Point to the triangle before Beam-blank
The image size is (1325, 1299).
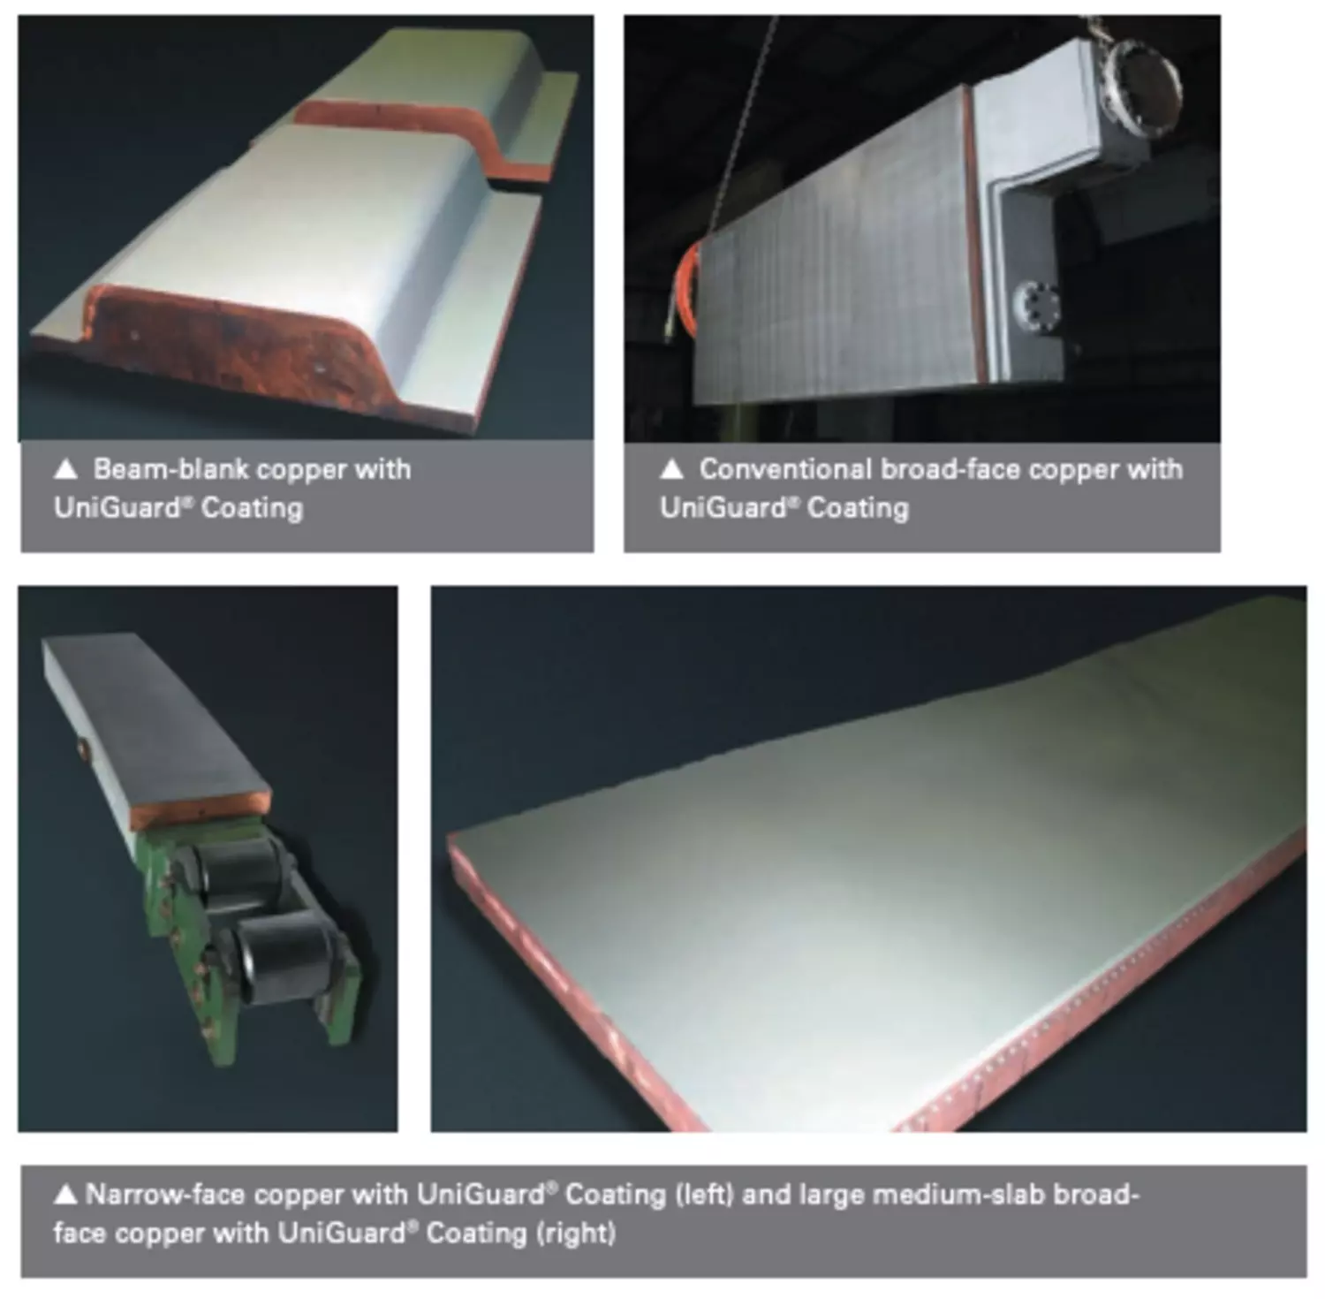(65, 469)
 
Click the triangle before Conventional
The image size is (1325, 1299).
(671, 469)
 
